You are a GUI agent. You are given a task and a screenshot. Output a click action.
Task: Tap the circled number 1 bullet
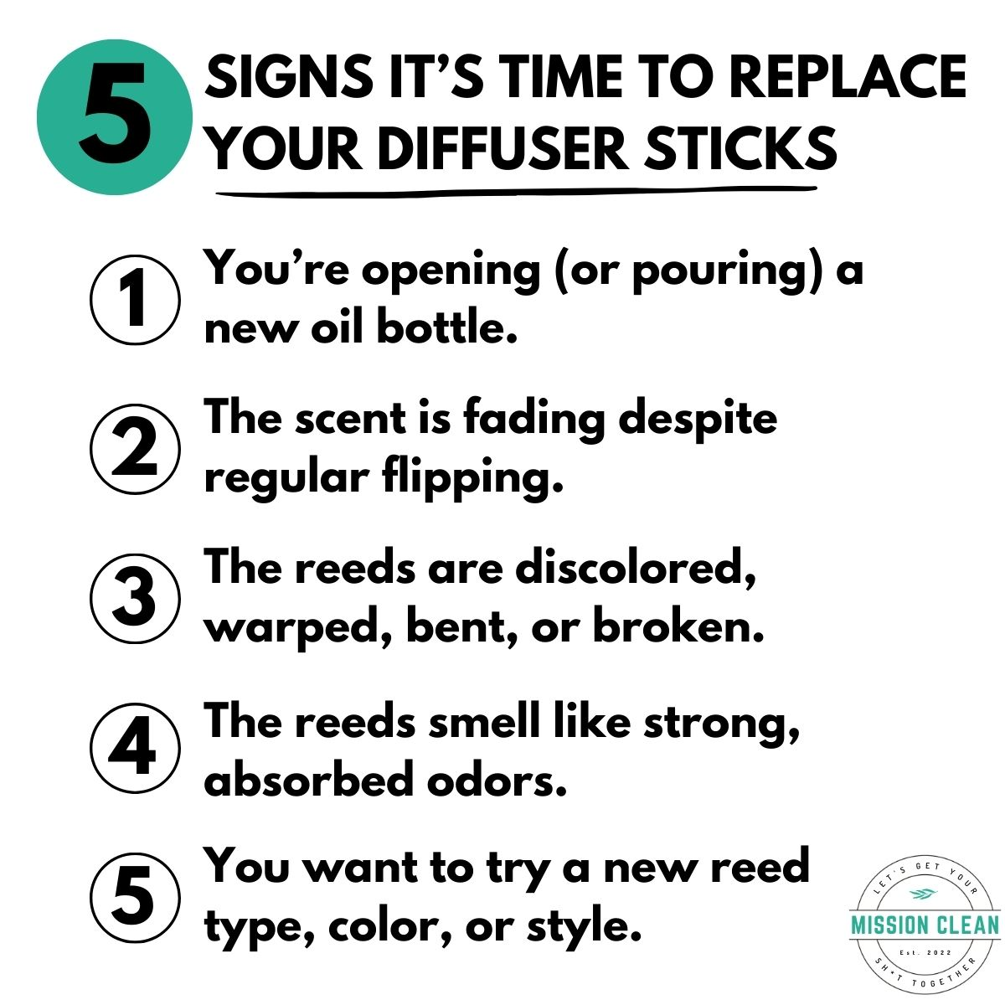point(134,299)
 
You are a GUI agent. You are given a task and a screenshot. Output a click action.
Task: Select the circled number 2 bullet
point(134,449)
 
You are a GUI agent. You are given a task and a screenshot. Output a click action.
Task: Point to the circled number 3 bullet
point(134,598)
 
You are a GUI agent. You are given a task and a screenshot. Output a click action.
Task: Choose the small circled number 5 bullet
point(134,896)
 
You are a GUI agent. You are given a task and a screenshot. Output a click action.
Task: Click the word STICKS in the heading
point(740,149)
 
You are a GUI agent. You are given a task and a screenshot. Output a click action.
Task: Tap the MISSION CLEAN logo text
point(925,925)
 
